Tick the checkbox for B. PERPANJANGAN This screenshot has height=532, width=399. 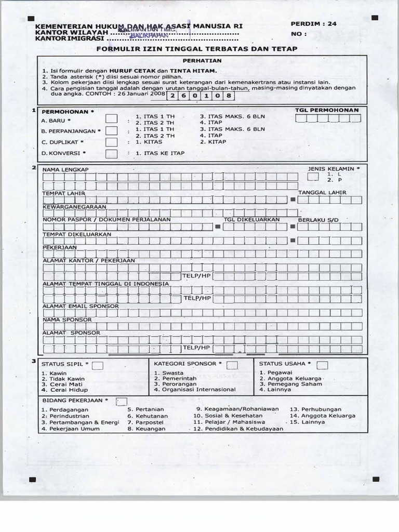(x=111, y=130)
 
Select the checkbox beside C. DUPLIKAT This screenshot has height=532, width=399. (x=111, y=141)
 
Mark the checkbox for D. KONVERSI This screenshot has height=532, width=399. (x=111, y=153)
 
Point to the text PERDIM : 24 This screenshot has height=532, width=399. (x=314, y=24)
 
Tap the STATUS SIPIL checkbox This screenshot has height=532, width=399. (x=98, y=365)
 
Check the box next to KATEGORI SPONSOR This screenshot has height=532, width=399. (x=232, y=365)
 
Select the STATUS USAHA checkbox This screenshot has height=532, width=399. (x=322, y=365)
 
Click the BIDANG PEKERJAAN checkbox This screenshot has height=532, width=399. (x=122, y=401)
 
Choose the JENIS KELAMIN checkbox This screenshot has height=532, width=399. (x=313, y=177)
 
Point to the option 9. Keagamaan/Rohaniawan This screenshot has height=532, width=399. (x=237, y=409)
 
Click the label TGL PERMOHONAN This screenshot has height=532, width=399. (x=327, y=111)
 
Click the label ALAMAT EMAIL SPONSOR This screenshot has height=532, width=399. (x=81, y=306)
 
